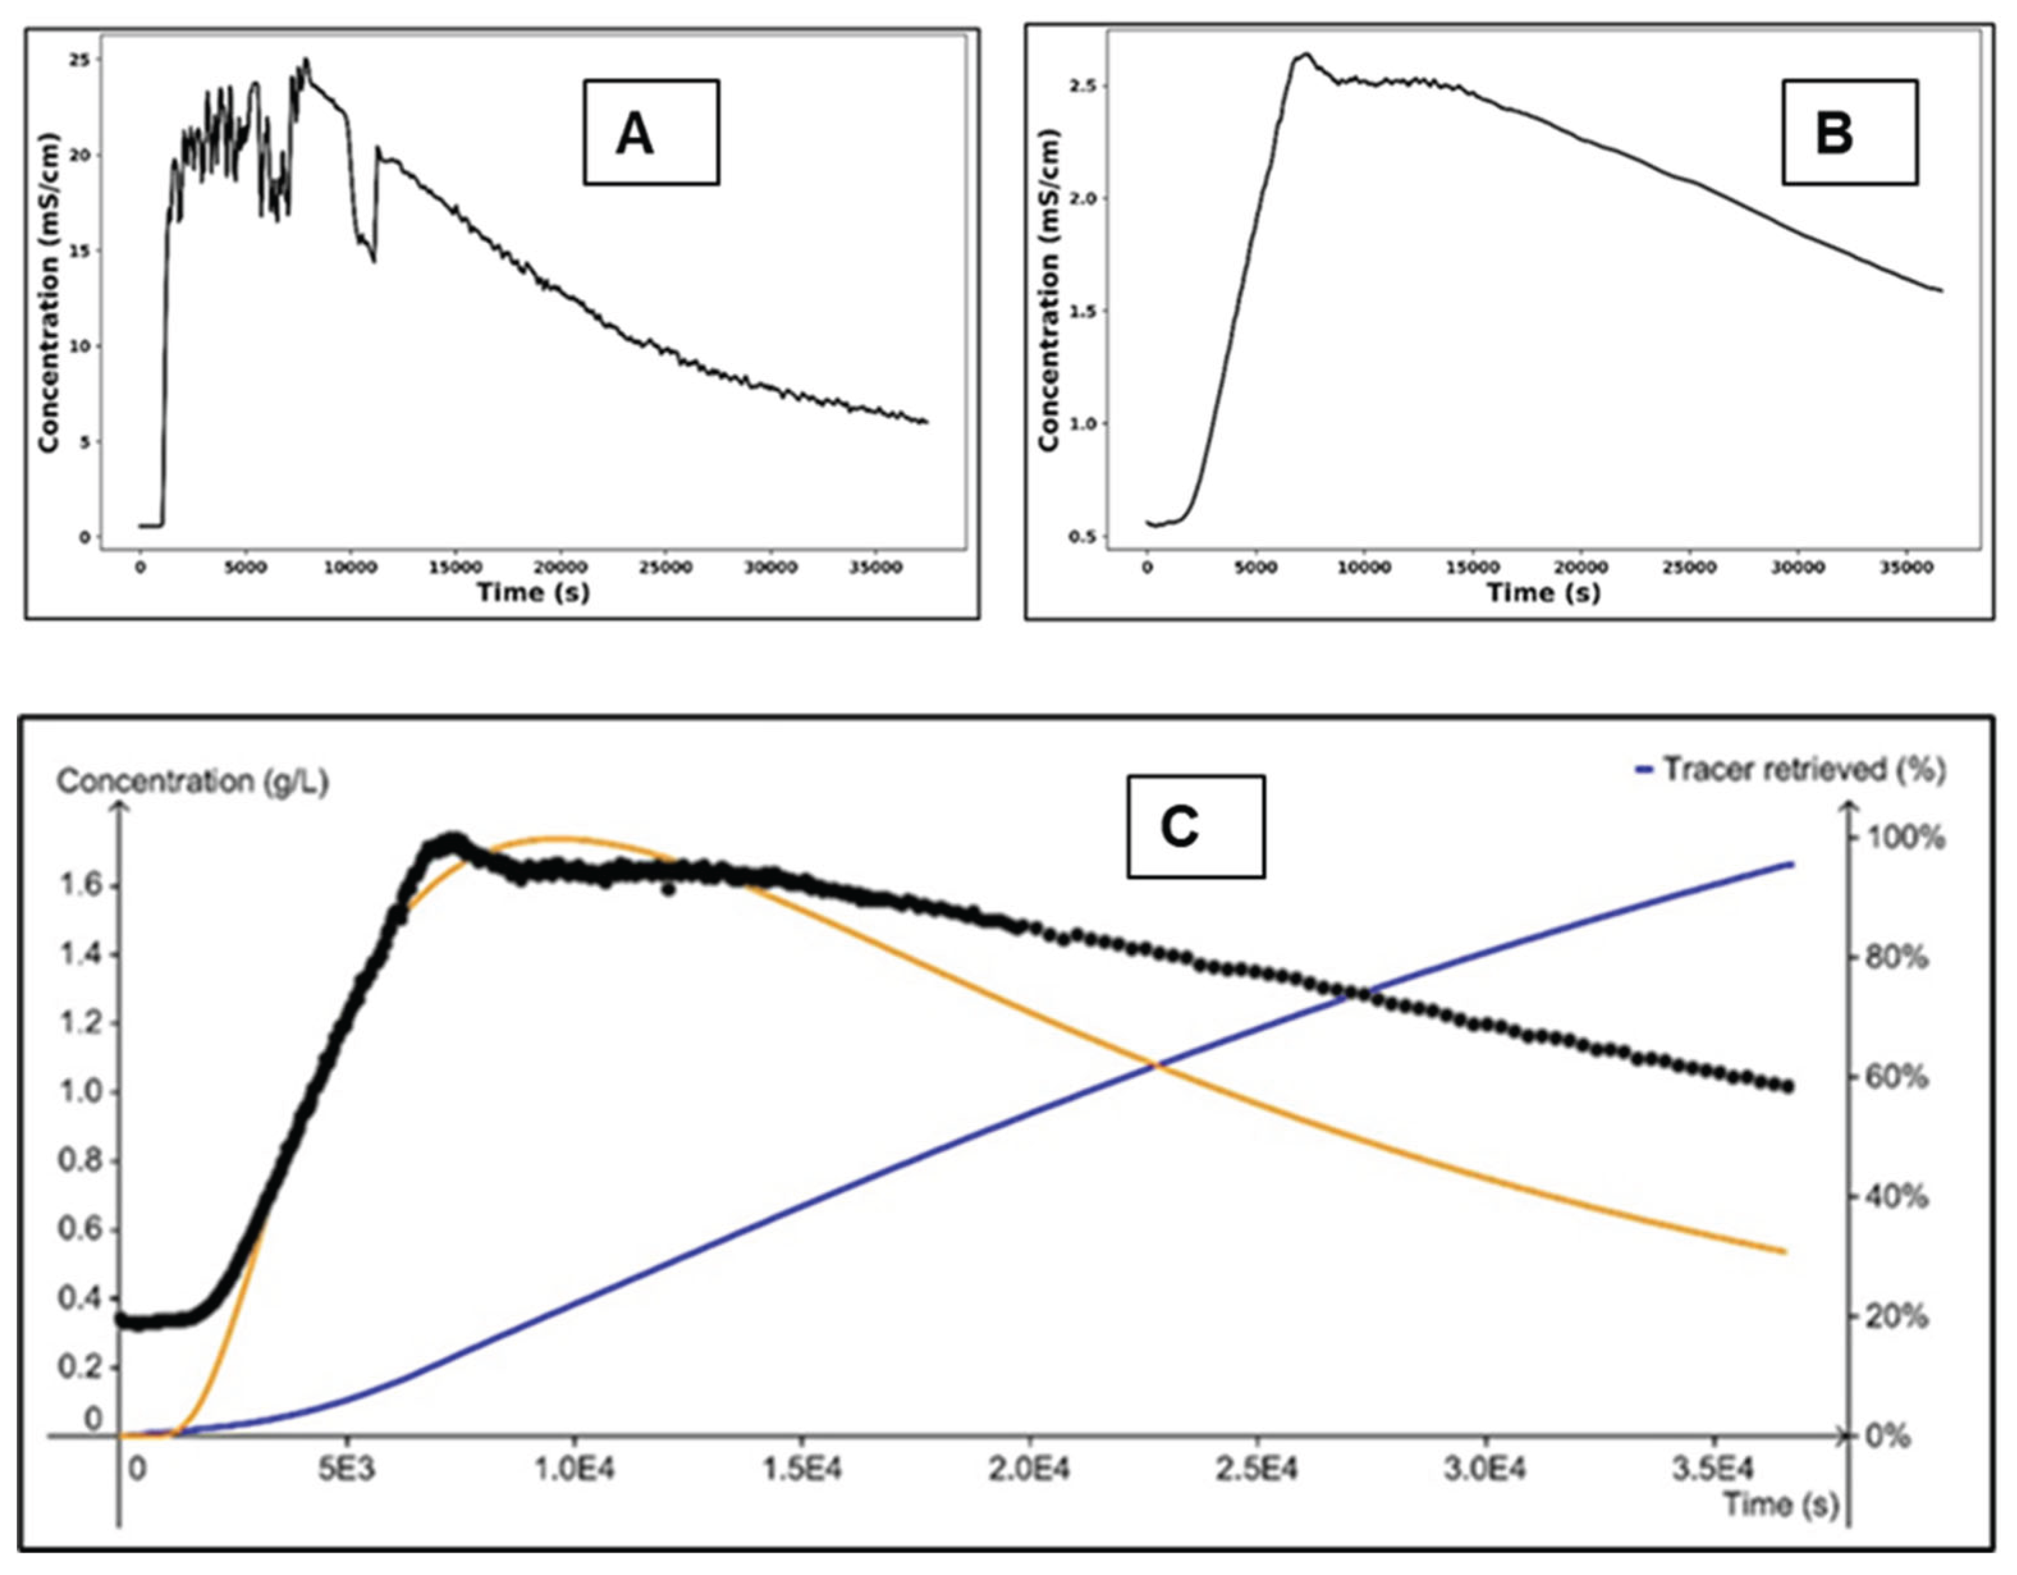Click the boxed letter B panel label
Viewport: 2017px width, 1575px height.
pos(1834,133)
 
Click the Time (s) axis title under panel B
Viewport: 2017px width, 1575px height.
pos(1542,592)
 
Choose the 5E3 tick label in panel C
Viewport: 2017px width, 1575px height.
pos(347,1468)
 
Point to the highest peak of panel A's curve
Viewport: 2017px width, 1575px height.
pos(306,60)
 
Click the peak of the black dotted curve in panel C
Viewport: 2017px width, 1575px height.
pos(453,841)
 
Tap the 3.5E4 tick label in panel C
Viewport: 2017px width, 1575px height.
pos(1715,1468)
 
